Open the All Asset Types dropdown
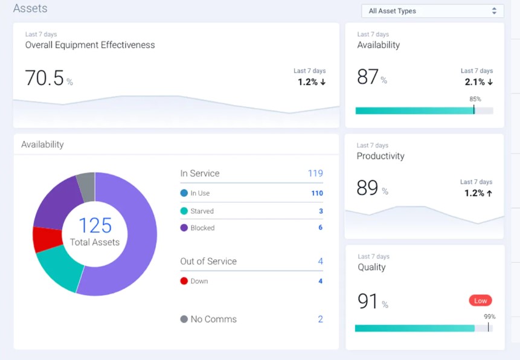coord(432,11)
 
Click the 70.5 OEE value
coord(44,79)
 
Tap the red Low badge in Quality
coord(480,300)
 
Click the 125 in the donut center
coord(95,225)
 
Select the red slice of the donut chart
coord(46,239)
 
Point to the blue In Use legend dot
coord(184,193)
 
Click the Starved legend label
coord(202,211)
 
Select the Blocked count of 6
coord(320,228)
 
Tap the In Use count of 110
coord(316,193)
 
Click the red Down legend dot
coord(184,281)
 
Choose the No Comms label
coord(213,319)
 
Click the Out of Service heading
coord(208,261)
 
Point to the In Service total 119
coord(315,173)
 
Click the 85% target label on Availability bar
coord(475,99)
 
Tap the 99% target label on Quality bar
coord(489,317)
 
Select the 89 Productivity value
coord(367,188)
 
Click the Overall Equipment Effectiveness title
coord(90,45)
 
